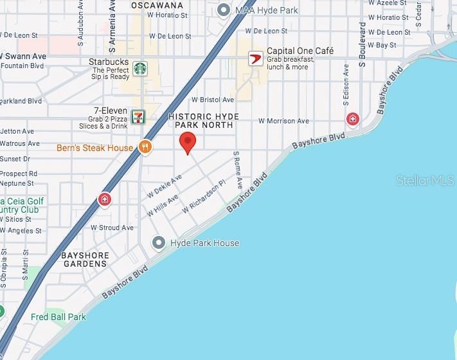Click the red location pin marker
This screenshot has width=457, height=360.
click(x=187, y=142)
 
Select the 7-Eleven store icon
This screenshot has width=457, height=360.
click(x=138, y=116)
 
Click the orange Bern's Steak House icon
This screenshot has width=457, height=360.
click(x=146, y=147)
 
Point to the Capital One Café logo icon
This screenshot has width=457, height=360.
click(x=256, y=58)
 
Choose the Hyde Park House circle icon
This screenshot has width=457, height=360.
click(x=159, y=242)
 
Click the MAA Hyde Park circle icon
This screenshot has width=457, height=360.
click(x=224, y=10)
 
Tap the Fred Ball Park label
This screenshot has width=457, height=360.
click(x=58, y=317)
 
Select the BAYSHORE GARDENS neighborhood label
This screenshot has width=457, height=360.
click(x=84, y=260)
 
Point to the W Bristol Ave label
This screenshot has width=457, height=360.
click(x=213, y=100)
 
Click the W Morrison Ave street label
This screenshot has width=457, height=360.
click(x=283, y=121)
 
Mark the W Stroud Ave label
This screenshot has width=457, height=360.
click(x=112, y=228)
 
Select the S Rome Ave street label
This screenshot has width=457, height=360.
click(x=237, y=170)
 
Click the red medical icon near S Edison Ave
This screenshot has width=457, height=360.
click(x=352, y=119)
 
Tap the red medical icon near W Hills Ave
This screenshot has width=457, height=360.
click(x=104, y=199)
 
